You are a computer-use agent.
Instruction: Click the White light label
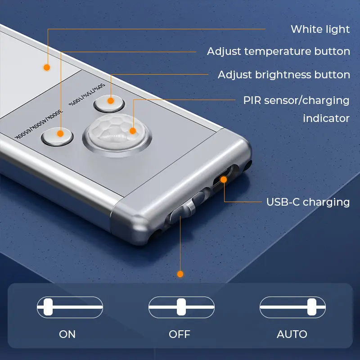(x=320, y=29)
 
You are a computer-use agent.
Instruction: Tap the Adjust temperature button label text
(x=279, y=51)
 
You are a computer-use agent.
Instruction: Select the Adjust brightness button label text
(x=284, y=75)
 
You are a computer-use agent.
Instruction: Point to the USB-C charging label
(x=308, y=202)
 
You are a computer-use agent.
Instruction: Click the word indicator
(x=326, y=118)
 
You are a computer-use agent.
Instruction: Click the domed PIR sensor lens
(x=117, y=133)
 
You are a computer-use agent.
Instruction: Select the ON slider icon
(x=70, y=307)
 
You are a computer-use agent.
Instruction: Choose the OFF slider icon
(x=181, y=307)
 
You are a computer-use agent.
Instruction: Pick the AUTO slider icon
(x=292, y=307)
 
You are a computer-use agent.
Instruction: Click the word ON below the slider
(x=67, y=334)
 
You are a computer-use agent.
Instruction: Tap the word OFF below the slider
(x=180, y=334)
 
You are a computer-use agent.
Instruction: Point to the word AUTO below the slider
(x=292, y=334)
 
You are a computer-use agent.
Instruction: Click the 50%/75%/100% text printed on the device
(x=87, y=94)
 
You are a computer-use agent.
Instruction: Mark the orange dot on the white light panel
(x=47, y=67)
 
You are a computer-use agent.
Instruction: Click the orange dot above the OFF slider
(x=180, y=274)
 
